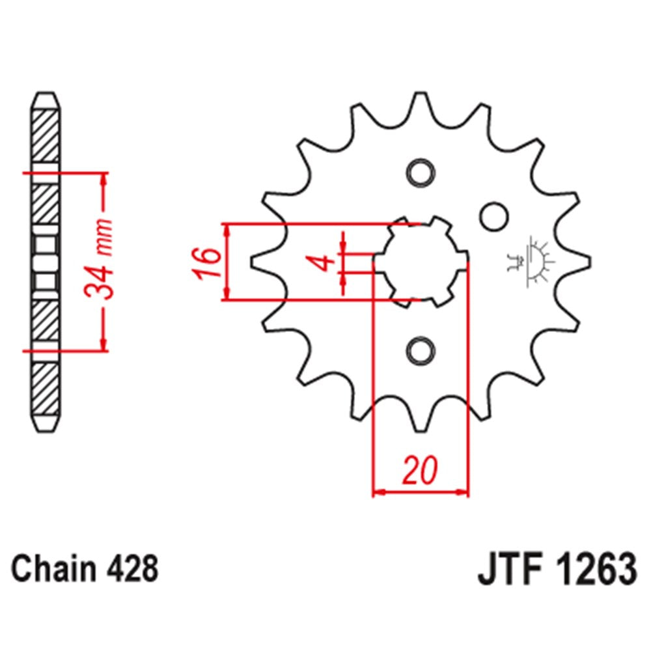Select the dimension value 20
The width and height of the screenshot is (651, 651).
pyautogui.click(x=421, y=470)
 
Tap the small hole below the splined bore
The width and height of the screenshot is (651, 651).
pyautogui.click(x=419, y=350)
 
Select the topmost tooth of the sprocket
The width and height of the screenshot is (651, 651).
pyautogui.click(x=420, y=104)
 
